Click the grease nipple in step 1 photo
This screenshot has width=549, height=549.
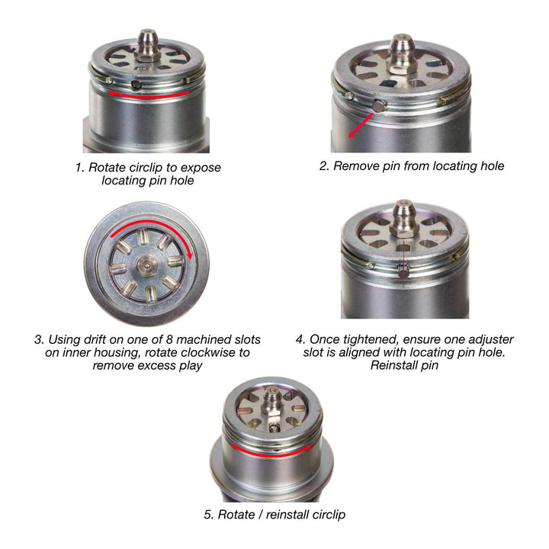147,41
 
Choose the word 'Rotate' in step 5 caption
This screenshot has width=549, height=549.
236,515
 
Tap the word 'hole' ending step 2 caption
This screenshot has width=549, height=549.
490,165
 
